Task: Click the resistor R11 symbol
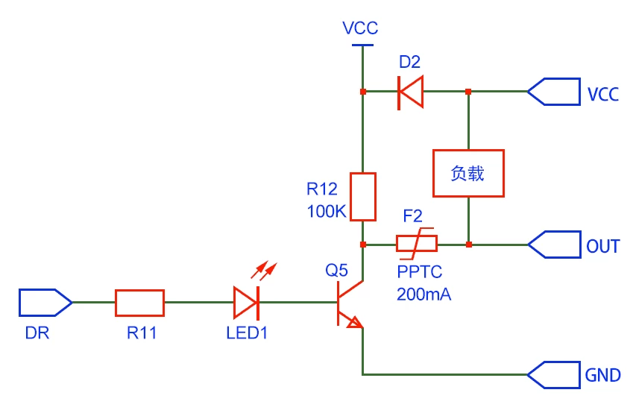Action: click(139, 303)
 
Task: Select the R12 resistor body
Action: click(363, 196)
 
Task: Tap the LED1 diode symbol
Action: click(246, 303)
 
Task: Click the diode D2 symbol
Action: click(410, 92)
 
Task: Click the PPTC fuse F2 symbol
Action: click(416, 244)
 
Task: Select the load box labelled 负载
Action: click(468, 173)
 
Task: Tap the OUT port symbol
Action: click(553, 244)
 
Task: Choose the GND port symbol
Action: click(553, 374)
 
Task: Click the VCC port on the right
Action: click(553, 92)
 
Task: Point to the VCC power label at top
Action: click(361, 29)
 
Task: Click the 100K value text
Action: click(327, 212)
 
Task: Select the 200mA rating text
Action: click(424, 294)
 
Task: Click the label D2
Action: click(410, 62)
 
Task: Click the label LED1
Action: click(247, 333)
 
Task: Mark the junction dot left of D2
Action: click(363, 92)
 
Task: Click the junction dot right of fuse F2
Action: click(468, 244)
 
